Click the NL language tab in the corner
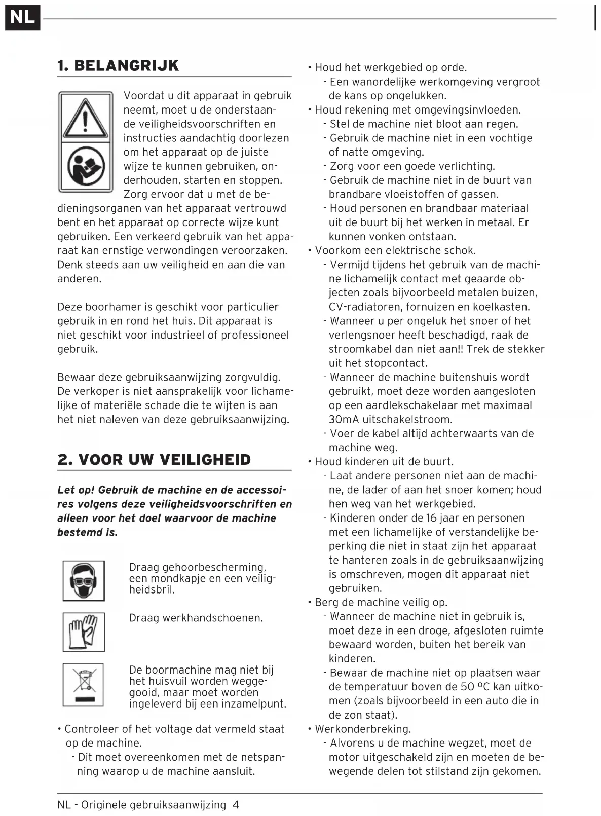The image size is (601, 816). (x=22, y=17)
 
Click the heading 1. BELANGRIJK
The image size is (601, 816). (x=118, y=66)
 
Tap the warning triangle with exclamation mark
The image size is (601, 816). (x=86, y=118)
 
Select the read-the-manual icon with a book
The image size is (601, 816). (x=86, y=167)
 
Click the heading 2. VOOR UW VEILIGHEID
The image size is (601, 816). (x=154, y=460)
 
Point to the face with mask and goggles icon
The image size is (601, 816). (x=84, y=580)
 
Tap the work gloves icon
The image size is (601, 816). (x=84, y=632)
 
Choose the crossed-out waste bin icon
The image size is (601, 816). (x=84, y=684)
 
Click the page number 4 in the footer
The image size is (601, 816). (x=236, y=805)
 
